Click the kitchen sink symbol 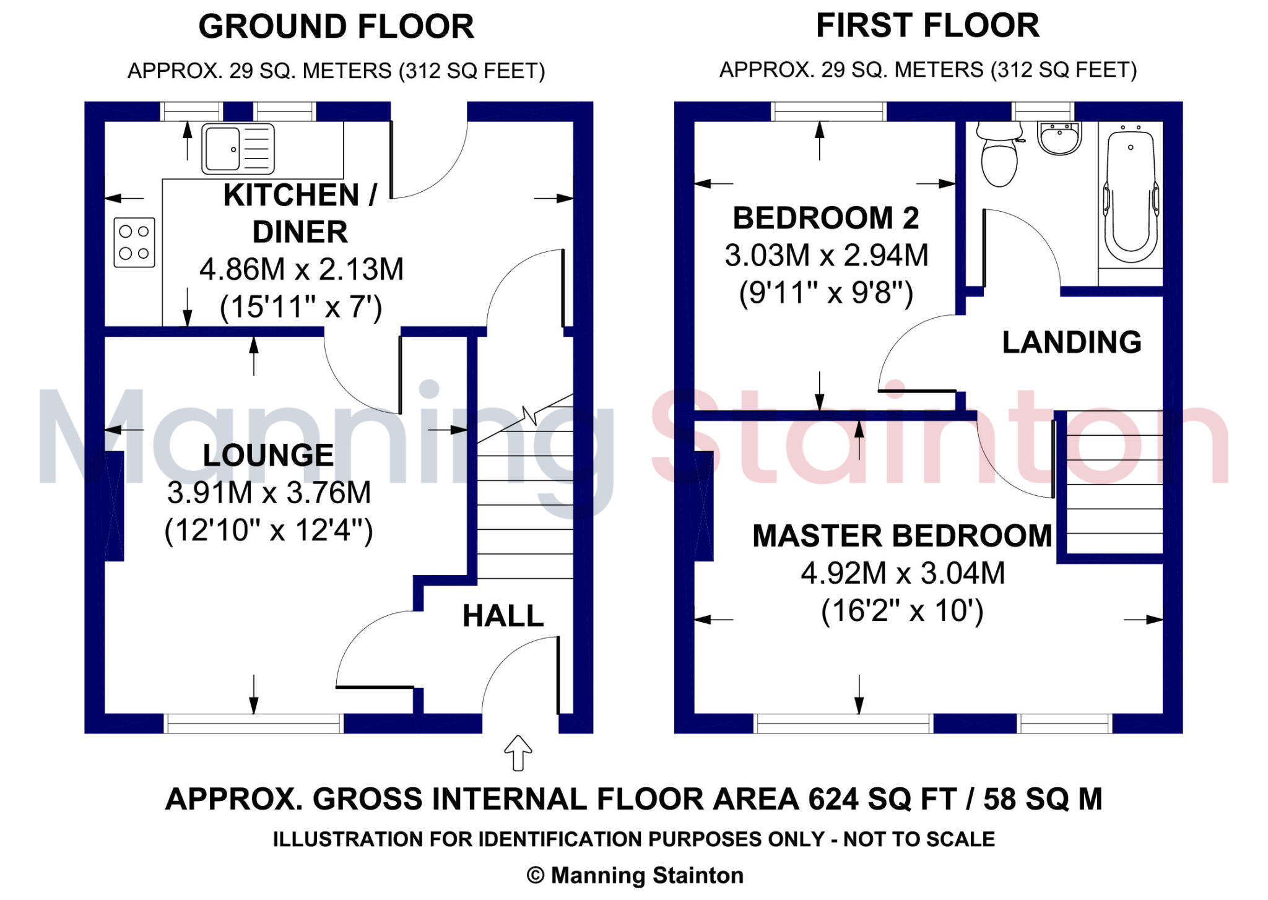[x=238, y=149]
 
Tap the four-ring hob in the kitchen [x=134, y=242]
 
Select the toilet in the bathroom [x=999, y=155]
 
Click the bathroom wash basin [x=1060, y=137]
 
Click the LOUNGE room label [x=268, y=456]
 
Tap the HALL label [x=503, y=616]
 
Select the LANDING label [x=1072, y=342]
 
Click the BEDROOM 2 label [x=826, y=218]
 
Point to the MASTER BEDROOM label [x=902, y=536]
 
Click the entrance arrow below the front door [x=518, y=752]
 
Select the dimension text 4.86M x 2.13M [x=302, y=270]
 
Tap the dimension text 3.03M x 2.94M [x=826, y=256]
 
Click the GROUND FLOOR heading [x=336, y=27]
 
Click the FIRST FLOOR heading [x=927, y=25]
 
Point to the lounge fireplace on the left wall [x=115, y=506]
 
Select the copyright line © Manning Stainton [x=635, y=875]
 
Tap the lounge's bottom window [x=254, y=723]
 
